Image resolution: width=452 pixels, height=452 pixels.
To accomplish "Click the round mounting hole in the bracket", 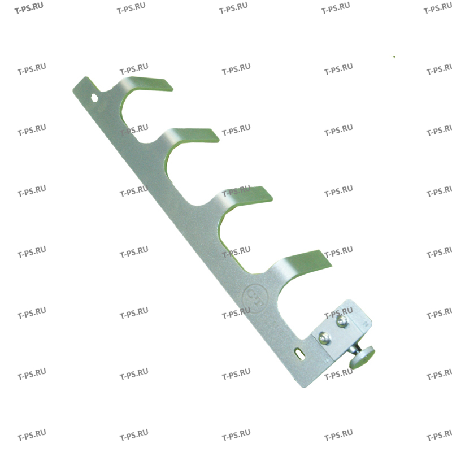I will (x=94, y=98).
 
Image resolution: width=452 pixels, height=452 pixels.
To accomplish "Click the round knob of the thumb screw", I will (x=360, y=357).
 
